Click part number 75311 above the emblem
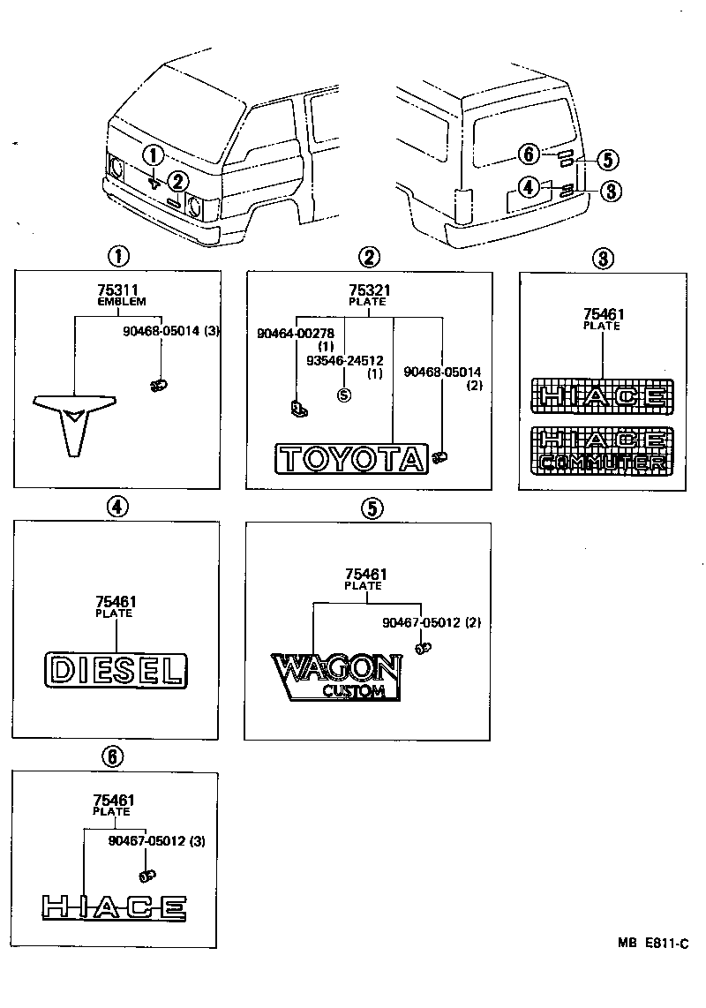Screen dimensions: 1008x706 tap(116, 290)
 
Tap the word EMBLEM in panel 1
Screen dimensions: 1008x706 tap(116, 302)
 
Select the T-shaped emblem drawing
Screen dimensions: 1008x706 tap(75, 420)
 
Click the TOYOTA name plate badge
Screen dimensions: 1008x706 tap(351, 459)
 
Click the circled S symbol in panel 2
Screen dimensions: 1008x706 tap(343, 395)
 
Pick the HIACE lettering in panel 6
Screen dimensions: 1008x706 tap(114, 906)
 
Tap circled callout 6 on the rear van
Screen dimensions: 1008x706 tap(529, 154)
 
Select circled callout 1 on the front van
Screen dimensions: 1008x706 tap(153, 156)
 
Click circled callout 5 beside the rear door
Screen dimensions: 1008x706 tap(607, 160)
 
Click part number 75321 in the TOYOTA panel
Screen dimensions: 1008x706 tap(367, 290)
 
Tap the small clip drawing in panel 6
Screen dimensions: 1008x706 tap(146, 876)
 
